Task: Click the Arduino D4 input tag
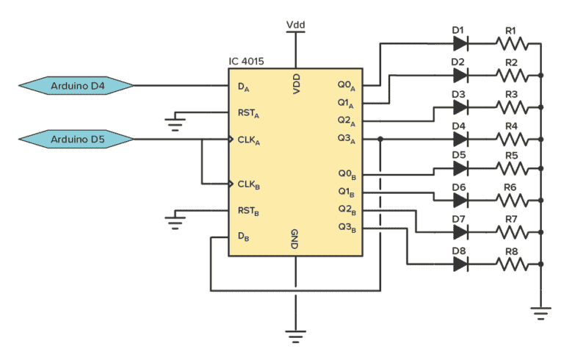pos(76,86)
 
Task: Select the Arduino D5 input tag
pos(76,139)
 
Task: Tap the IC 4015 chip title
pos(247,61)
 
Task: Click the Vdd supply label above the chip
pos(296,24)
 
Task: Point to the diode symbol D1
pos(460,44)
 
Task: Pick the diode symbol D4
pos(460,139)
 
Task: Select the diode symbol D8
pos(460,264)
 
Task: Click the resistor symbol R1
pos(512,44)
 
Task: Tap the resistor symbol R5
pos(512,168)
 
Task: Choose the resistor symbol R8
pos(512,264)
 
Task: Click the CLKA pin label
pos(249,140)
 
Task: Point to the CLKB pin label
pos(249,185)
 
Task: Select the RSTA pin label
pos(248,114)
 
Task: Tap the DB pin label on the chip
pos(244,237)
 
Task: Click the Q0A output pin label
pos(347,86)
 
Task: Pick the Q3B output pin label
pos(347,228)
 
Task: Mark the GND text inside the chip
pos(294,239)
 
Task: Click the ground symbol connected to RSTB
pos(176,223)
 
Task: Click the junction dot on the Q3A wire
pos(380,139)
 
